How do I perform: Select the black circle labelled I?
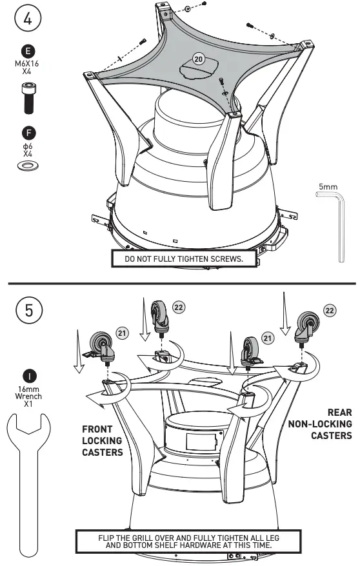(28, 375)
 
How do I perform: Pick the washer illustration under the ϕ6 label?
(28, 167)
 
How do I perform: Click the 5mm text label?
(327, 187)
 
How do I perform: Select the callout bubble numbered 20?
(199, 59)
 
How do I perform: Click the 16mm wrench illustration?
(27, 477)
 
